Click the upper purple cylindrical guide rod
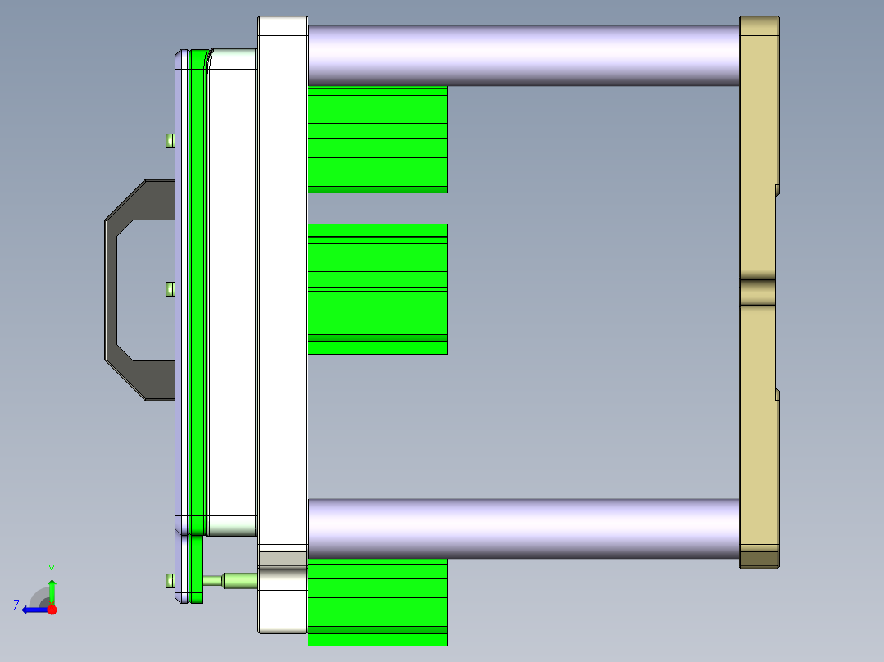point(523,55)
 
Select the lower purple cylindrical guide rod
point(523,528)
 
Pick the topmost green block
point(377,139)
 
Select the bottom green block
point(377,602)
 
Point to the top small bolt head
point(170,140)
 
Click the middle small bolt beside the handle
point(170,288)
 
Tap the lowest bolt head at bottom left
point(169,580)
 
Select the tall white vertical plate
point(282,279)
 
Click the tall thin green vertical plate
point(197,287)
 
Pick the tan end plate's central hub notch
point(758,292)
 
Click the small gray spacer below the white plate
point(282,560)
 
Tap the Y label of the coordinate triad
point(51,569)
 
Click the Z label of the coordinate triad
point(16,605)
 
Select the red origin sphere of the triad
point(52,610)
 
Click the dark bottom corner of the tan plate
point(759,560)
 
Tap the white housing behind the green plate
point(233,287)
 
